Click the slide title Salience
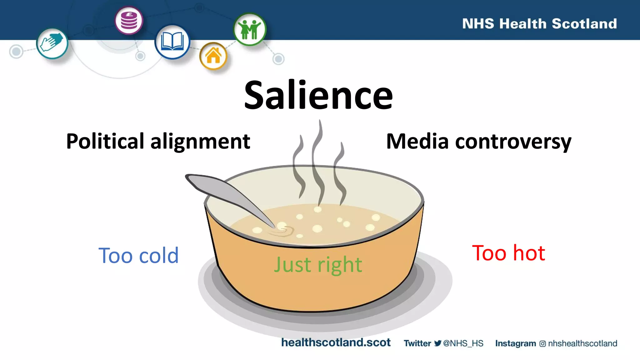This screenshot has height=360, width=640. point(318,95)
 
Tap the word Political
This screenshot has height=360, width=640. point(105,141)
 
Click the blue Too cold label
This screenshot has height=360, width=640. point(138,256)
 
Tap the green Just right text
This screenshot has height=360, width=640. point(318,265)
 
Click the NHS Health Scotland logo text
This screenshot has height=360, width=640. point(539,24)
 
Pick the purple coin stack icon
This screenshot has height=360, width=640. point(129,21)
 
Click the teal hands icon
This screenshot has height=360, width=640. point(52,43)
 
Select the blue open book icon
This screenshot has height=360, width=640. point(172,42)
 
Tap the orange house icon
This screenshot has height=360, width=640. point(213,56)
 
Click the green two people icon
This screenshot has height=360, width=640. point(250,29)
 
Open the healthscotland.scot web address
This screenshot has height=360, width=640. point(336,342)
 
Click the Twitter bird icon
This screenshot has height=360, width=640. point(437,343)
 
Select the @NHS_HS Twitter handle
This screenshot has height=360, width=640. point(463,343)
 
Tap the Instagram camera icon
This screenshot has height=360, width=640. point(542,344)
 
